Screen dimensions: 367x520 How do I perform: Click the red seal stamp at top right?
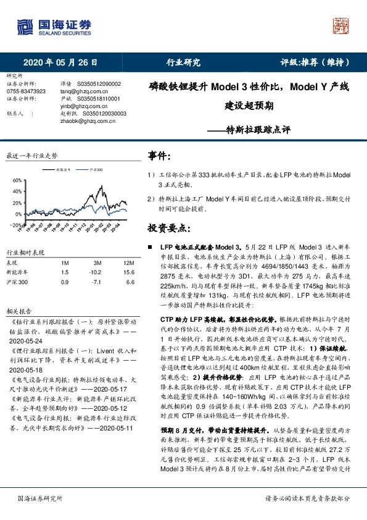[342, 25]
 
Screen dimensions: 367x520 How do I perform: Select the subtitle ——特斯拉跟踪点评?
[249, 130]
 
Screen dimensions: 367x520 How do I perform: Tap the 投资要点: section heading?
[168, 229]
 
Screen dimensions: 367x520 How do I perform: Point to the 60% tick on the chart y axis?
[17, 181]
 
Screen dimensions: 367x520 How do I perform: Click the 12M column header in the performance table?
[128, 264]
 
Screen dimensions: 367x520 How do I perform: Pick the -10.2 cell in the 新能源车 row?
[94, 272]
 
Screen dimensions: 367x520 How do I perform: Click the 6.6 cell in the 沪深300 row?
[130, 281]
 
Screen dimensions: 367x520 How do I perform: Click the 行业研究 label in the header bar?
[183, 62]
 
